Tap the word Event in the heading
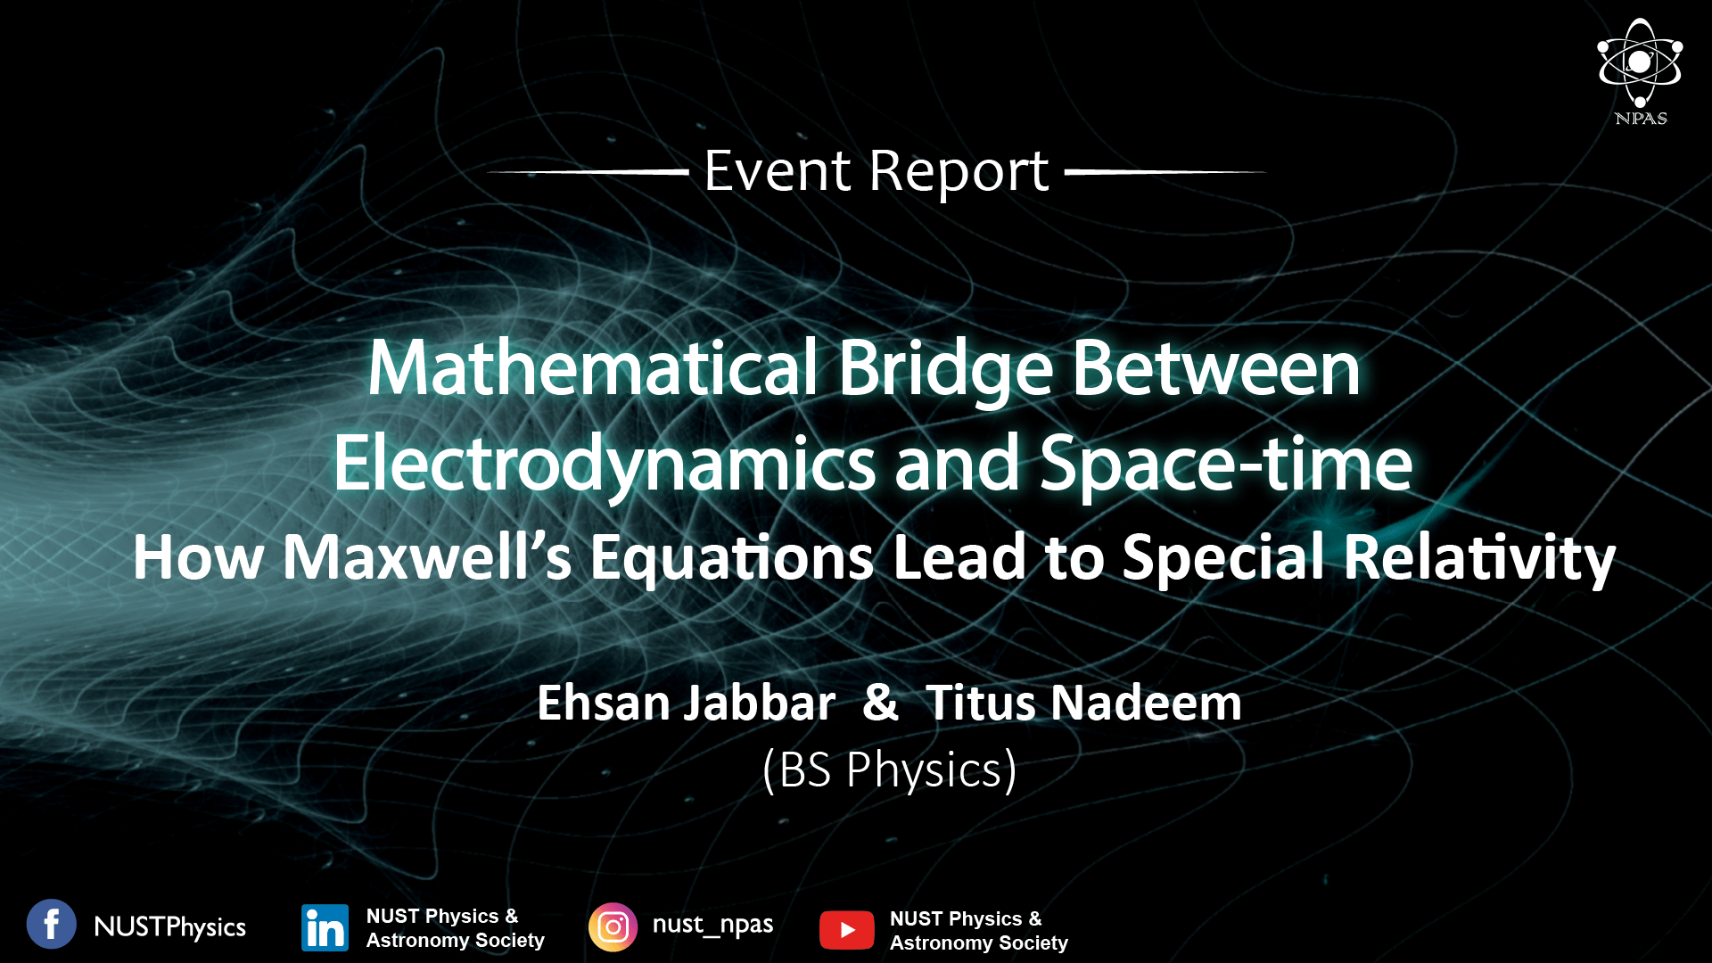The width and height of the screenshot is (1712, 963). (x=778, y=170)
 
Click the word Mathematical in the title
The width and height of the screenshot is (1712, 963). (x=593, y=367)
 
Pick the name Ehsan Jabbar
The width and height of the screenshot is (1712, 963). (x=687, y=703)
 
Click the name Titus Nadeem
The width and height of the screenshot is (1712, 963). (x=1083, y=703)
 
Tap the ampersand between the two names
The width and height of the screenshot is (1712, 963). (x=880, y=703)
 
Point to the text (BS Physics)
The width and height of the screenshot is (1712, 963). (x=890, y=770)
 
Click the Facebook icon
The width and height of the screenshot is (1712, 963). (x=52, y=924)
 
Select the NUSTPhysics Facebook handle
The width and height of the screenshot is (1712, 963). (x=169, y=927)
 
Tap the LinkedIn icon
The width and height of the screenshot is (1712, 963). (x=325, y=928)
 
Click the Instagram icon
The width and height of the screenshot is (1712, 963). (x=613, y=927)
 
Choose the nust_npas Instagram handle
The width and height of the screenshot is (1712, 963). (x=712, y=925)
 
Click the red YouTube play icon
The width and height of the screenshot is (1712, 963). (x=847, y=930)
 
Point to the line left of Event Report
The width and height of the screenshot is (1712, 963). (x=588, y=171)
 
